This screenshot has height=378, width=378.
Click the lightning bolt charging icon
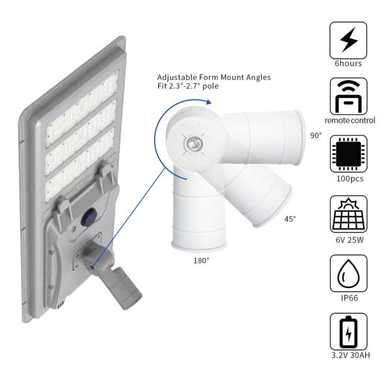pyautogui.click(x=348, y=40)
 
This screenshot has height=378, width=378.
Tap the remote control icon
pyautogui.click(x=348, y=96)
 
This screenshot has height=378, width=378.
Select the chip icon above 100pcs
pyautogui.click(x=348, y=154)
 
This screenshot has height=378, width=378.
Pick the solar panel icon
pyautogui.click(x=348, y=214)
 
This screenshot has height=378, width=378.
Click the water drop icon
pyautogui.click(x=348, y=273)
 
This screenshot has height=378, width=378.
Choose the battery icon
pyautogui.click(x=348, y=332)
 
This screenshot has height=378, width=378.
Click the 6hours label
pyautogui.click(x=348, y=64)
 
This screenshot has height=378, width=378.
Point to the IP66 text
pyautogui.click(x=349, y=298)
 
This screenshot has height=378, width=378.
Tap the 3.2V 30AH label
pyautogui.click(x=350, y=355)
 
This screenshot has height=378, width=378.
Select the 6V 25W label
pyautogui.click(x=350, y=240)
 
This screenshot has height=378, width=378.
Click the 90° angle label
pyautogui.click(x=316, y=135)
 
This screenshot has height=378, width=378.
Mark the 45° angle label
pyautogui.click(x=290, y=219)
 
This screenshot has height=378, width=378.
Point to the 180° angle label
pyautogui.click(x=202, y=260)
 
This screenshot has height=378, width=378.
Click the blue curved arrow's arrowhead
pyautogui.click(x=209, y=102)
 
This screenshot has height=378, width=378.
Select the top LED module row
pyautogui.click(x=82, y=110)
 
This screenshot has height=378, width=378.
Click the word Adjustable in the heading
pyautogui.click(x=176, y=77)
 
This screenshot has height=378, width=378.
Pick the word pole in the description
pyautogui.click(x=210, y=86)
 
